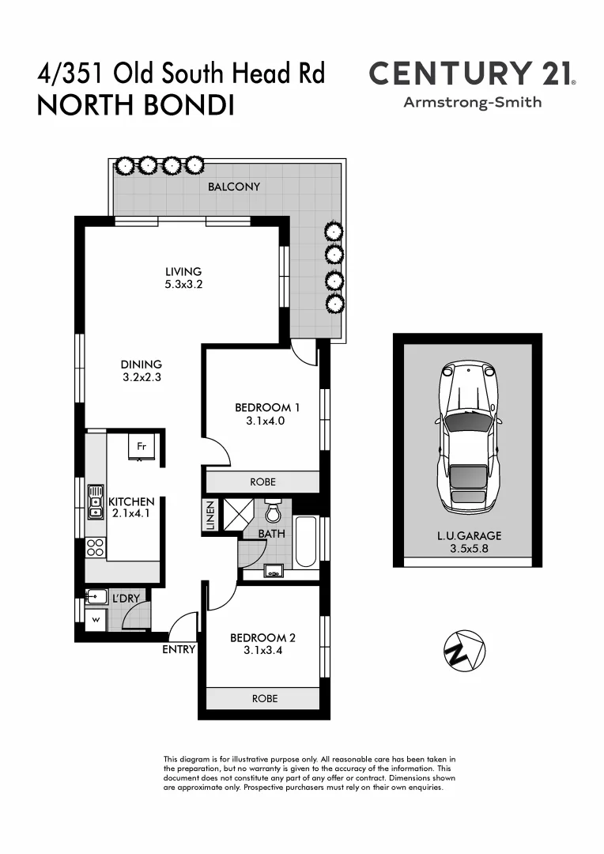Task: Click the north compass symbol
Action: tap(463, 651)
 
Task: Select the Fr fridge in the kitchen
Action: tap(142, 446)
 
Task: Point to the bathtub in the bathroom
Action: tap(306, 542)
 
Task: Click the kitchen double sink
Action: tap(96, 501)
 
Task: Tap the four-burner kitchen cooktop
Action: tap(96, 546)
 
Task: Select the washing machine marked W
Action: tap(96, 619)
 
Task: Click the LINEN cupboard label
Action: tap(210, 516)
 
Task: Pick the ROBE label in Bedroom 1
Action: tap(262, 482)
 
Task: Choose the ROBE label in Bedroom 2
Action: tap(264, 698)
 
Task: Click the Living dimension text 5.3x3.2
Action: tap(183, 285)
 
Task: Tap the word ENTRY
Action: tap(179, 649)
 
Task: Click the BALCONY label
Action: tap(234, 187)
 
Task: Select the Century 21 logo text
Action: tap(472, 74)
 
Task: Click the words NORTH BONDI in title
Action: tap(136, 106)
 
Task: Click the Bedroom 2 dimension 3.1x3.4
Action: tap(263, 652)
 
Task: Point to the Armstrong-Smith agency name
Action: tap(473, 102)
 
